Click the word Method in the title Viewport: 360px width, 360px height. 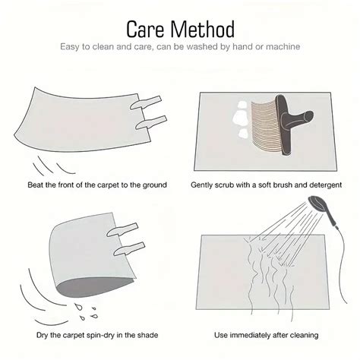pos(203,29)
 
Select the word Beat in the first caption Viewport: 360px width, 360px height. pos(35,185)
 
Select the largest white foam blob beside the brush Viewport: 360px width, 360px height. pos(241,118)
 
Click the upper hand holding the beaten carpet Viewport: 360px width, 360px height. pos(146,103)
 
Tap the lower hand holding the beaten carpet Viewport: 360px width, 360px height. pos(151,122)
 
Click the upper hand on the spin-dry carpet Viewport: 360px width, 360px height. pos(122,229)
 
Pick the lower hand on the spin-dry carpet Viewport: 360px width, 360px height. pos(129,248)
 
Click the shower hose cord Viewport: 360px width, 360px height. pos(343,264)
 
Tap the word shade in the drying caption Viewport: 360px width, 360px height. pos(147,335)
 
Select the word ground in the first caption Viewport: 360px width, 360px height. pos(154,185)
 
